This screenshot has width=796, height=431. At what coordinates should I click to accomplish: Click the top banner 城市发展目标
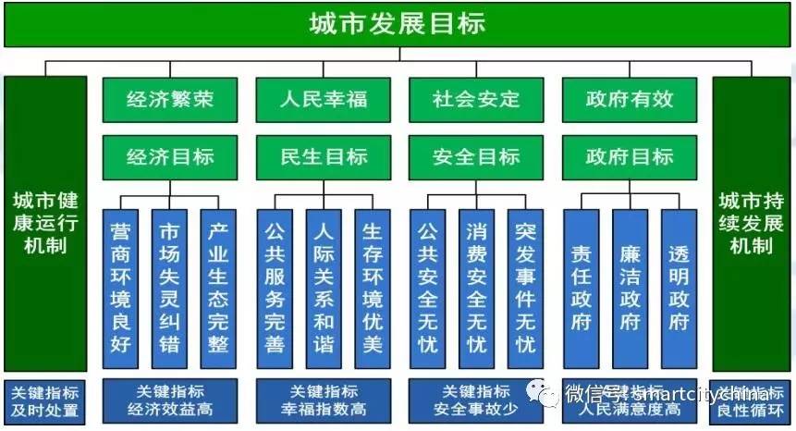[x=398, y=24]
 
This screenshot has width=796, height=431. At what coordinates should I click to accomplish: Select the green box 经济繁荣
[x=169, y=99]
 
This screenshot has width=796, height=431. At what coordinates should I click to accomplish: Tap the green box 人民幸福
[x=323, y=99]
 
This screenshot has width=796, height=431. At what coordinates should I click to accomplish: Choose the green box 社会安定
[x=476, y=99]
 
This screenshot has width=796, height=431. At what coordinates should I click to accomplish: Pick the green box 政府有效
[x=630, y=99]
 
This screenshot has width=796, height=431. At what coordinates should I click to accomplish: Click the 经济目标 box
[x=169, y=156]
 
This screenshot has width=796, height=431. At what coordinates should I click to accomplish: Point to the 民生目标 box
[x=323, y=156]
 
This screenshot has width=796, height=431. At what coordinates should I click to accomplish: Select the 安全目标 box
[x=476, y=156]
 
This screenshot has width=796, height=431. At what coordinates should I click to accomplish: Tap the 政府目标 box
[x=630, y=156]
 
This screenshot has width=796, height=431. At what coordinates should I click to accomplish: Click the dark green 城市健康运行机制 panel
[x=45, y=223]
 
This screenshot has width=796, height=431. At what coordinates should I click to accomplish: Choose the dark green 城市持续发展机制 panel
[x=750, y=223]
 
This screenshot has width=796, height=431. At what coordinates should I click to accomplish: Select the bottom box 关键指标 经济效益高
[x=169, y=400]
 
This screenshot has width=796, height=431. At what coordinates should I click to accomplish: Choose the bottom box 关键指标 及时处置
[x=45, y=400]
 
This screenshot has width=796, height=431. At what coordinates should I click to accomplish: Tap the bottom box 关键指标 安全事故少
[x=476, y=400]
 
